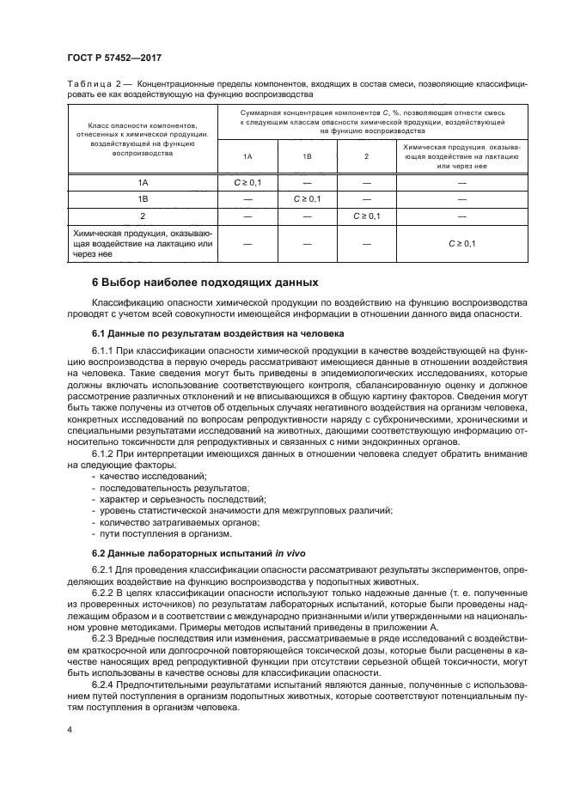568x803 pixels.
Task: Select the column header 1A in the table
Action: click(x=247, y=157)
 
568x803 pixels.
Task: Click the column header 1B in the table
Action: click(x=307, y=157)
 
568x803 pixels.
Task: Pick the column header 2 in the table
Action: click(x=366, y=157)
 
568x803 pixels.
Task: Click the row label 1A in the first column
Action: click(x=143, y=183)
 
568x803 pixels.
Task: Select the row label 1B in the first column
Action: click(x=143, y=199)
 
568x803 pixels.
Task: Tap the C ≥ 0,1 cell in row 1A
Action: click(x=247, y=183)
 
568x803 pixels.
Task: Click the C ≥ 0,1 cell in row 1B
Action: click(x=307, y=199)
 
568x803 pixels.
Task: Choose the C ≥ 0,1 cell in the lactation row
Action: click(x=461, y=244)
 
